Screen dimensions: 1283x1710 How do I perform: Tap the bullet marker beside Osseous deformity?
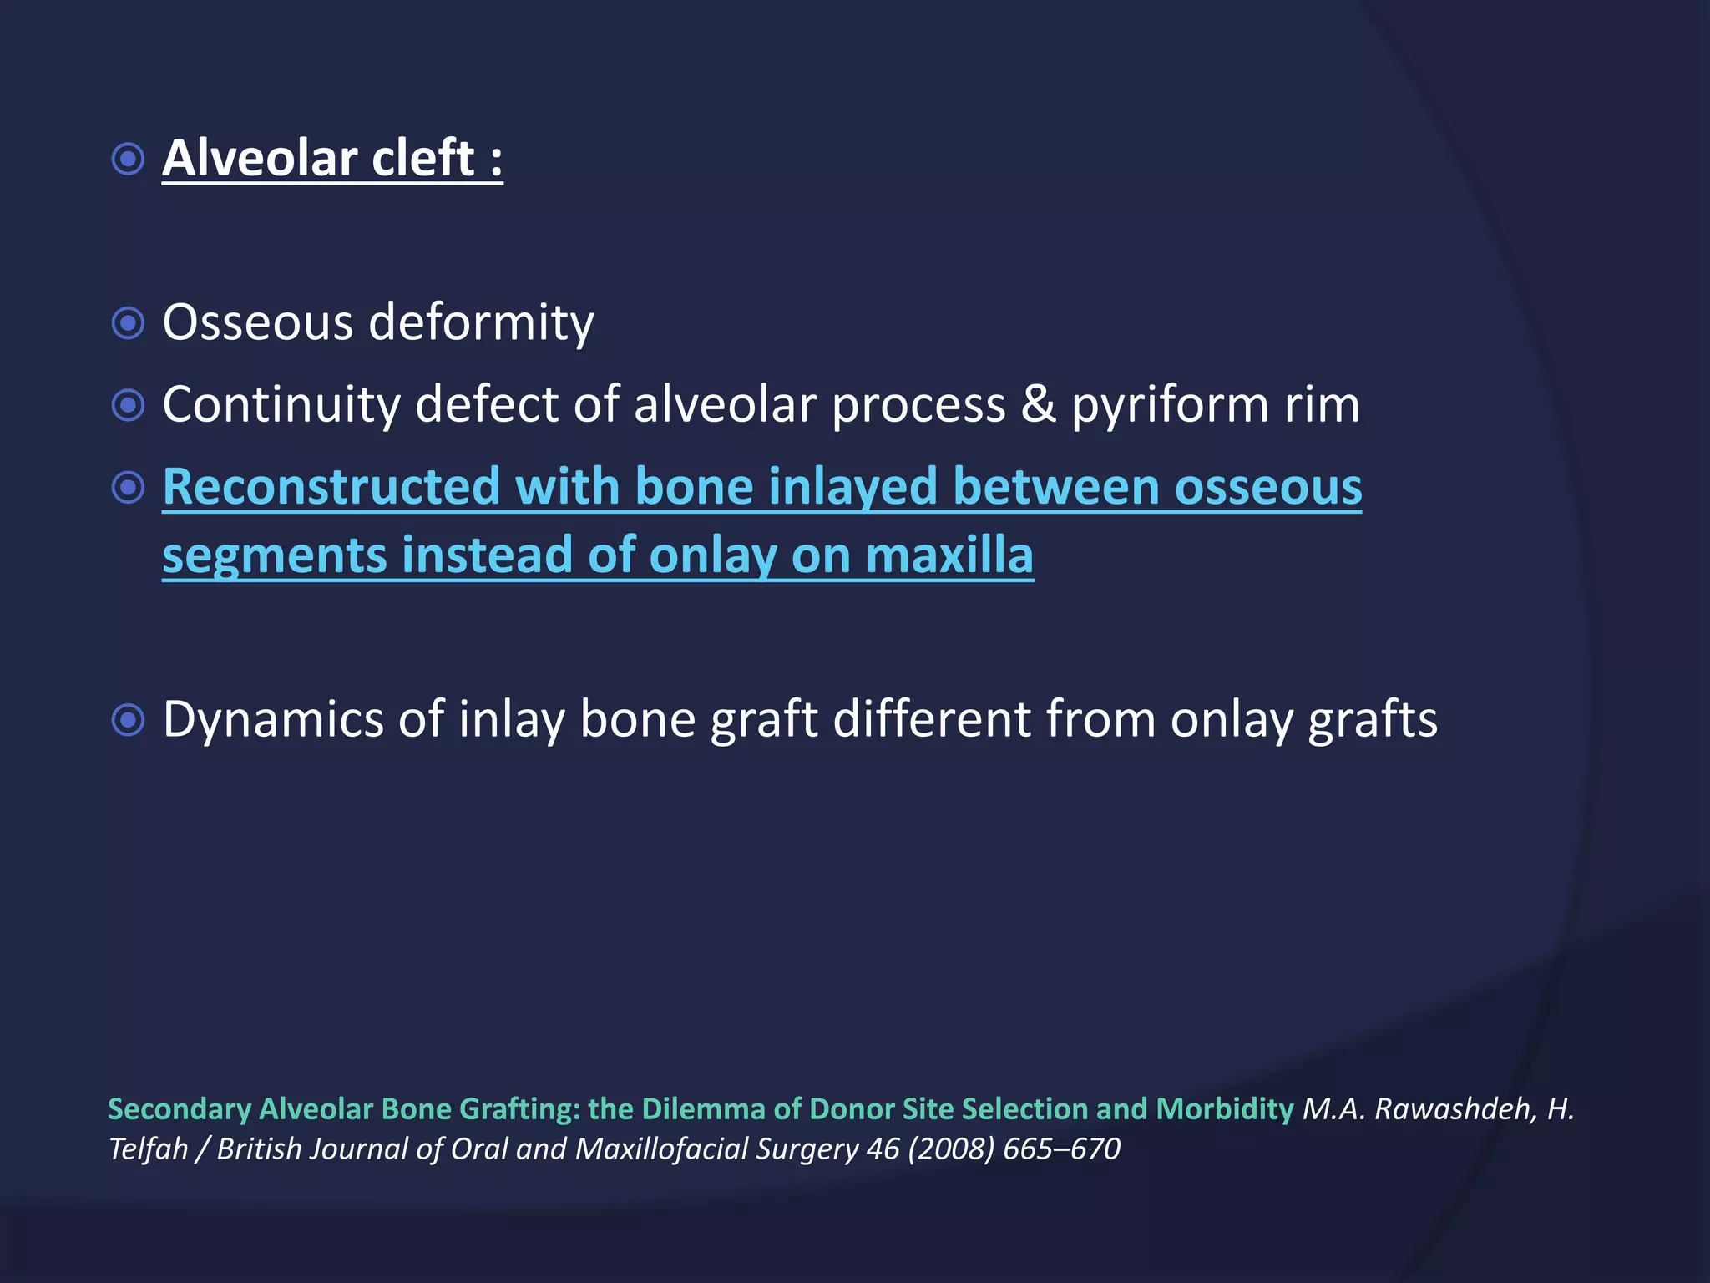pyautogui.click(x=128, y=323)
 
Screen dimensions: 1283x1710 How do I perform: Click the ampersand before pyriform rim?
pyautogui.click(x=1038, y=405)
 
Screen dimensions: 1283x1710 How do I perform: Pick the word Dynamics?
pyautogui.click(x=272, y=719)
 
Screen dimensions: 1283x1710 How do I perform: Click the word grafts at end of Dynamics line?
pyautogui.click(x=1373, y=719)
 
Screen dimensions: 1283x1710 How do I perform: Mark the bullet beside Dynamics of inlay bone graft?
pyautogui.click(x=128, y=719)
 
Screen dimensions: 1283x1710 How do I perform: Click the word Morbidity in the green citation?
pyautogui.click(x=1224, y=1109)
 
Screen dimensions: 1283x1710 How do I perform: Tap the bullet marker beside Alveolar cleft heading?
pyautogui.click(x=128, y=159)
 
